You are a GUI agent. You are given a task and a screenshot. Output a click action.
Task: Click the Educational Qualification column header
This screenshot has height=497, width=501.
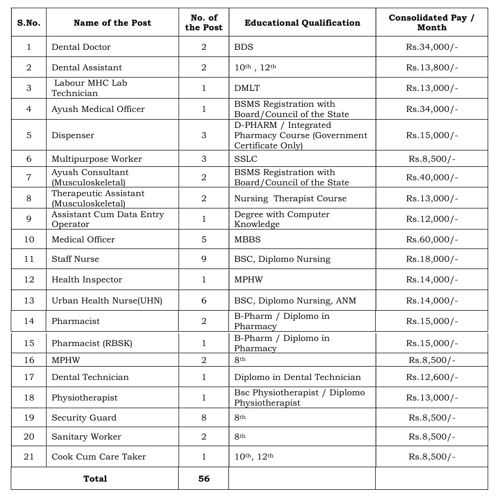click(x=302, y=23)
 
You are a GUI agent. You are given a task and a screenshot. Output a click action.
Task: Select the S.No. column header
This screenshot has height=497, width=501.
click(x=29, y=23)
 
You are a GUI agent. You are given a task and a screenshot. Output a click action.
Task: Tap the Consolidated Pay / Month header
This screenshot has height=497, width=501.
click(x=431, y=23)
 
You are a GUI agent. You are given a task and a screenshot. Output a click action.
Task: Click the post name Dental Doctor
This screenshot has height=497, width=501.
click(x=81, y=47)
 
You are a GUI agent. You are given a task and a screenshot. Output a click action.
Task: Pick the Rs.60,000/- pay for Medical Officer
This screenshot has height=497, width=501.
click(x=431, y=239)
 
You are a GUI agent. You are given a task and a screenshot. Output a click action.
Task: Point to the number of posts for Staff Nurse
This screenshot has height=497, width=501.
click(x=204, y=259)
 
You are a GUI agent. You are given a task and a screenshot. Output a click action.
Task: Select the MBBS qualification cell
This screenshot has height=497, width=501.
click(x=247, y=239)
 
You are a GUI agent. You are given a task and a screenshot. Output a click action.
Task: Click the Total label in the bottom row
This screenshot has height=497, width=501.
click(x=95, y=479)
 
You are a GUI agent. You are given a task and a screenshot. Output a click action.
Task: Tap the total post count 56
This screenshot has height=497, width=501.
click(x=204, y=479)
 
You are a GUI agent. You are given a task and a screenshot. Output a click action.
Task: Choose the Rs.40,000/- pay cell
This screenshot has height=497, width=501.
click(x=431, y=178)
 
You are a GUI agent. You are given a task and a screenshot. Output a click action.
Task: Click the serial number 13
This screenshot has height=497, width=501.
click(x=29, y=300)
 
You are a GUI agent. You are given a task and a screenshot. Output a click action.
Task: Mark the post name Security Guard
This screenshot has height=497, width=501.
click(x=84, y=417)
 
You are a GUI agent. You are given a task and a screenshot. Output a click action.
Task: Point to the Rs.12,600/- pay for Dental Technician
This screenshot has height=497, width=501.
click(x=431, y=377)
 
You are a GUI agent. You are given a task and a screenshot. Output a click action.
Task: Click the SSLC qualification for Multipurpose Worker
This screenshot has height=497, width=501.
click(x=245, y=159)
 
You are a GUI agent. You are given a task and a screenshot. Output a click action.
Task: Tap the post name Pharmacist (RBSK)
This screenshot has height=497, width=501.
click(x=91, y=343)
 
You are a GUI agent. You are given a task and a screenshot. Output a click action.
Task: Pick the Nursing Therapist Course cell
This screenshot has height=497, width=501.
click(x=290, y=198)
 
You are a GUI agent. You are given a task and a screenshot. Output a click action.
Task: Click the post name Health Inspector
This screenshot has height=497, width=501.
click(x=87, y=279)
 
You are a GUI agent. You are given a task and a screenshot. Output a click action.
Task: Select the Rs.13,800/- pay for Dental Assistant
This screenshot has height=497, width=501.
click(x=431, y=67)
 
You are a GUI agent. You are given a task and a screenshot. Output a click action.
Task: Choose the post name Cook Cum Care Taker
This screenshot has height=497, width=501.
click(x=99, y=456)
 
